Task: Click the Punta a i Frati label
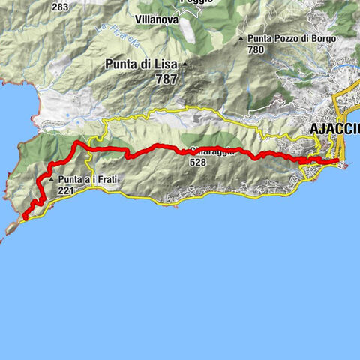85,180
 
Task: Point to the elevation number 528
197,162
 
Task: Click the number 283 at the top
61,7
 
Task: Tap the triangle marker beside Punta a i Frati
51,181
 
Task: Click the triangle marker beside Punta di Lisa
183,64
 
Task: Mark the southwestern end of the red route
25,218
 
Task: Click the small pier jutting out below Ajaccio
344,166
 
